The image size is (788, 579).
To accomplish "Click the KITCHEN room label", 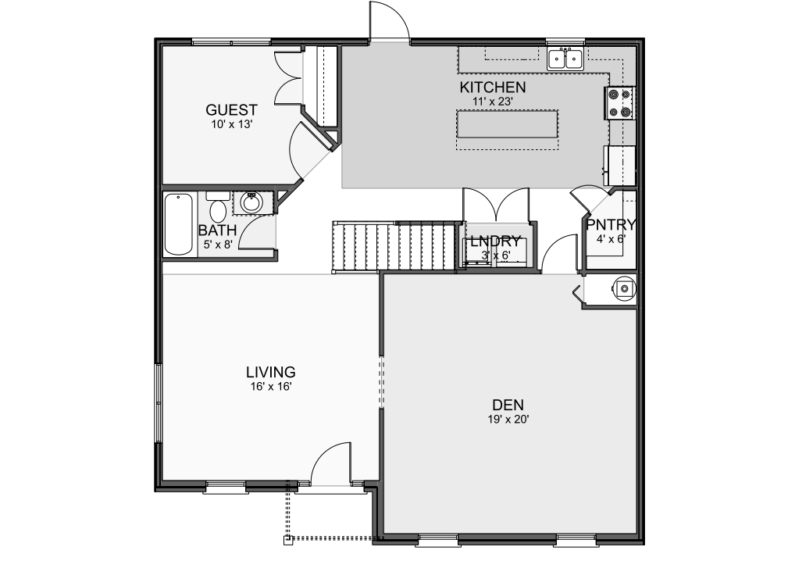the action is coord(493,87).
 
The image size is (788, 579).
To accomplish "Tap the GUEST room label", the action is coord(231,109).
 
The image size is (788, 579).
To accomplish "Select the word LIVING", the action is coord(270,372).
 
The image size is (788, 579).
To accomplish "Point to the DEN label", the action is coord(508,405).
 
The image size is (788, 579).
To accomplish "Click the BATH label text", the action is coord(217,231).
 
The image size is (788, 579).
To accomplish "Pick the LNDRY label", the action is coord(495,241).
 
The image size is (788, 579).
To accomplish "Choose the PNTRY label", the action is coord(611,224).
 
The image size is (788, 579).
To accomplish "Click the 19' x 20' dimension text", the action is coord(508,419).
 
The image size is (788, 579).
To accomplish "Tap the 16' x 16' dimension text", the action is coord(271,387).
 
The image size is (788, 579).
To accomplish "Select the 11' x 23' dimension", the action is coord(492,102).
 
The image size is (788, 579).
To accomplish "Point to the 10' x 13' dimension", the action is coord(231,124).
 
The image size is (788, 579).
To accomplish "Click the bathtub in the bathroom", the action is coord(178,224).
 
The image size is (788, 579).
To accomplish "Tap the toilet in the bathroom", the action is coord(218,207).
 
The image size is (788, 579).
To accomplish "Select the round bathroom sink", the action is coord(251,202).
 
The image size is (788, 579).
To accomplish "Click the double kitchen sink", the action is coord(565,59).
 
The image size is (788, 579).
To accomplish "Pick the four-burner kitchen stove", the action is coord(619,103).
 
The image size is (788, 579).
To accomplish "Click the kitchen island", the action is coord(507,124).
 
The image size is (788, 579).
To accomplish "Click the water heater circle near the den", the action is coord(624,288).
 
